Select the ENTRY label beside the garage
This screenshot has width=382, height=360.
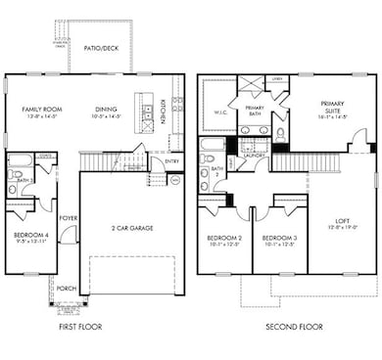pyautogui.click(x=172, y=161)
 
